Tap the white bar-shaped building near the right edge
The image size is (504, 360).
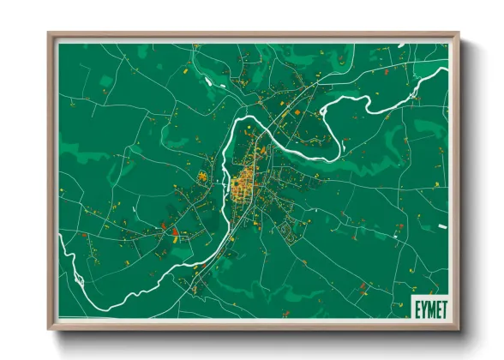tap(442, 226)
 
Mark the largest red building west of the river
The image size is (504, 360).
tap(174, 231)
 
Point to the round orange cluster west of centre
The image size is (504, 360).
tap(203, 177)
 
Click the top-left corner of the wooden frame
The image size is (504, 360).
tap(49, 34)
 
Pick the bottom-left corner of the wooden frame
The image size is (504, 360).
tap(49, 328)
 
